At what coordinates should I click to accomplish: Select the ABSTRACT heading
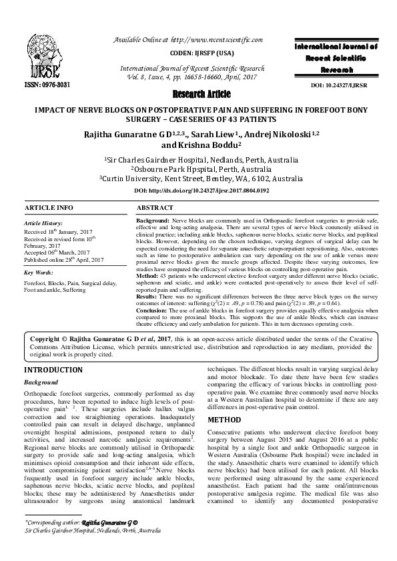pyautogui.click(x=154, y=208)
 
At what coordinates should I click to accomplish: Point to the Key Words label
pyautogui.click(x=39, y=273)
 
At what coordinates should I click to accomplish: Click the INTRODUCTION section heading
pyautogui.click(x=53, y=370)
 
